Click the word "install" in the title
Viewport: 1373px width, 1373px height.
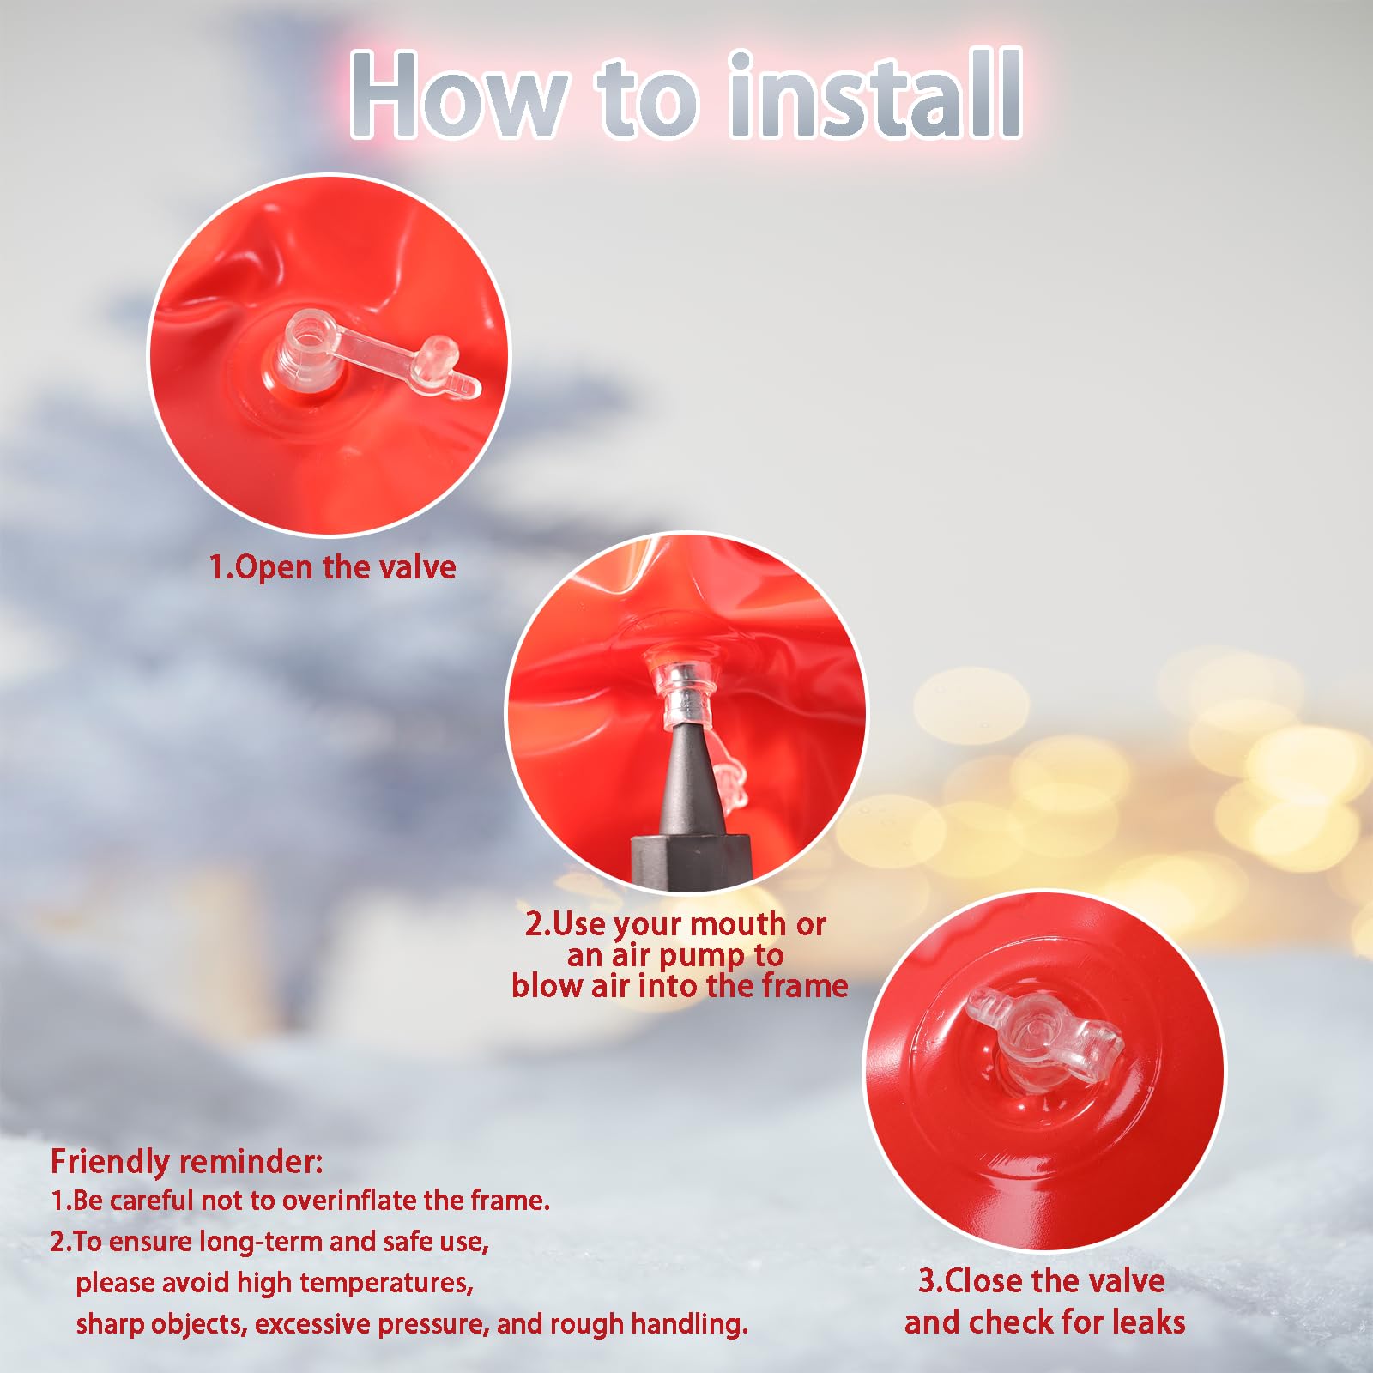click(874, 94)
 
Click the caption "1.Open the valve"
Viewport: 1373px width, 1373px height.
click(333, 567)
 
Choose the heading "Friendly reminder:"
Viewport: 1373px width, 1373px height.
click(187, 1162)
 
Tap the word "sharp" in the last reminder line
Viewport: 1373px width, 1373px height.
click(109, 1325)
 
